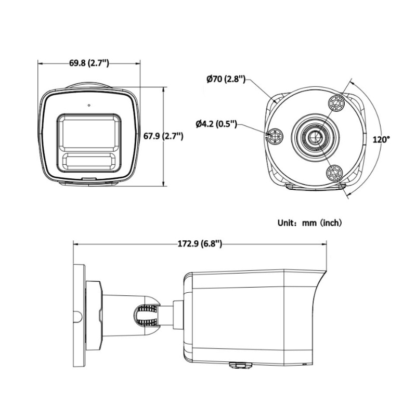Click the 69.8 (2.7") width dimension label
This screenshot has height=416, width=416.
(x=89, y=63)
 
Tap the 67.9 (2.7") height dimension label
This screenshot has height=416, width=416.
(x=163, y=136)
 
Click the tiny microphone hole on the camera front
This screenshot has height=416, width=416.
(x=89, y=106)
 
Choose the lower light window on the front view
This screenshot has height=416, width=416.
(x=89, y=160)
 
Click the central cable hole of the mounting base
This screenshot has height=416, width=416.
(x=314, y=137)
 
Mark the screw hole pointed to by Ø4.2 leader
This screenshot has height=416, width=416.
(x=274, y=137)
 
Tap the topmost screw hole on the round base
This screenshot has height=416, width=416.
(x=337, y=103)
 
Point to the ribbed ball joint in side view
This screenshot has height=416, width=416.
(x=147, y=314)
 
